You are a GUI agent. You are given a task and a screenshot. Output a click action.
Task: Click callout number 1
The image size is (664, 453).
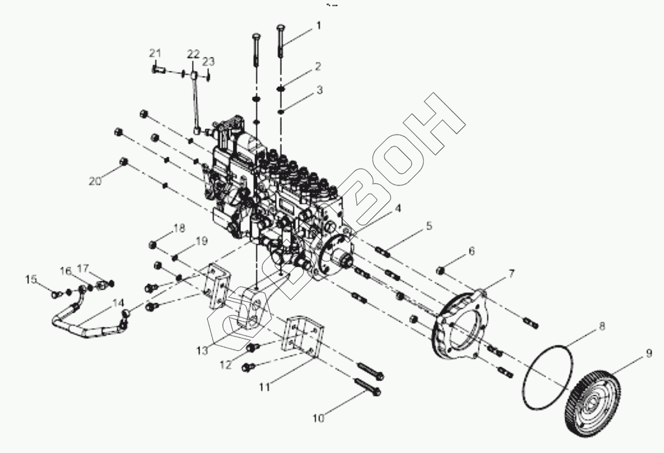coord(319,25)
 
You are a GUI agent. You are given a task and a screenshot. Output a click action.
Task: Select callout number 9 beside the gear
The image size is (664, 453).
coord(648,354)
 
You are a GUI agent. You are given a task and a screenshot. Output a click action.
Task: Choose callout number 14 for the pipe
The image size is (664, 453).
coord(118,303)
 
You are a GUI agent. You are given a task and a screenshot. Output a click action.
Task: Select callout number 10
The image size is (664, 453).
coord(318,418)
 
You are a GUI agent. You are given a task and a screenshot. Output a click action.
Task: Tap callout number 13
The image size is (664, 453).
coord(202,351)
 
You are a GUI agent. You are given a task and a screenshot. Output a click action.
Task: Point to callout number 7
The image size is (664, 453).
coord(511,274)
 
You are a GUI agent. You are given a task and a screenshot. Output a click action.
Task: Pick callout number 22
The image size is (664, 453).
coord(193,54)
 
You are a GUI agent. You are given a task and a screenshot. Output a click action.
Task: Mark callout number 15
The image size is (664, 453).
coord(32,279)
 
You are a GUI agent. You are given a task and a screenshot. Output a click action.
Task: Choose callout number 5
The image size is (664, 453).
coord(429,226)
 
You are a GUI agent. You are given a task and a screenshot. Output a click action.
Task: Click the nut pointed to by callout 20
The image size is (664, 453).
coord(124,162)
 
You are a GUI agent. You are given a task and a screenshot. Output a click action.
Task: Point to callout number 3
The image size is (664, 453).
coord(319,89)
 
